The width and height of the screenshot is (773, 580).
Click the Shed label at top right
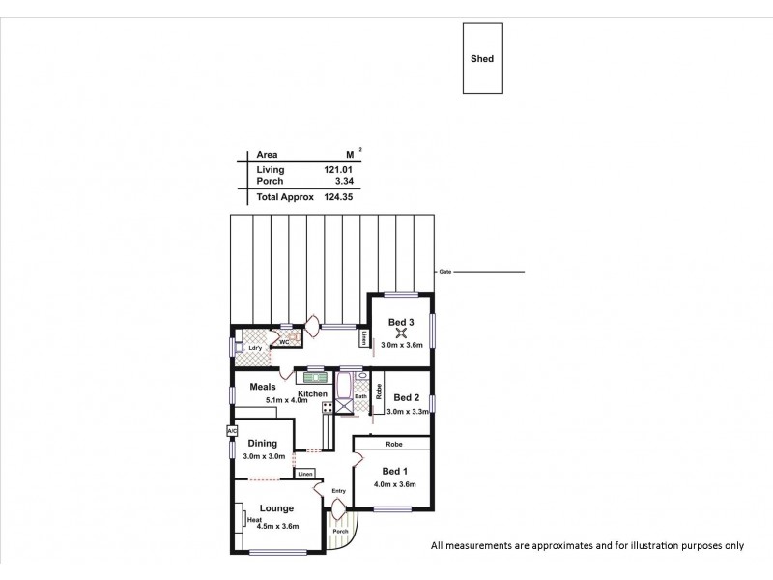point(481,59)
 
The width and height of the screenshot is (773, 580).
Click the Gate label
point(444,272)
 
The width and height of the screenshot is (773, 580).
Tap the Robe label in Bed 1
point(392,445)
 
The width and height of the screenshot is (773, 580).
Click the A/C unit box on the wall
point(232,431)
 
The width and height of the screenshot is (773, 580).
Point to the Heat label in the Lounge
point(255,521)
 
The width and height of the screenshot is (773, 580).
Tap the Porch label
point(339,531)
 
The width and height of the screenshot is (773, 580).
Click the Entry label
point(338,491)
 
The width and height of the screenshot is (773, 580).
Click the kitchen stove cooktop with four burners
point(329,409)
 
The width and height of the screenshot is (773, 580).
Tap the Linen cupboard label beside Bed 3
point(363,338)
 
